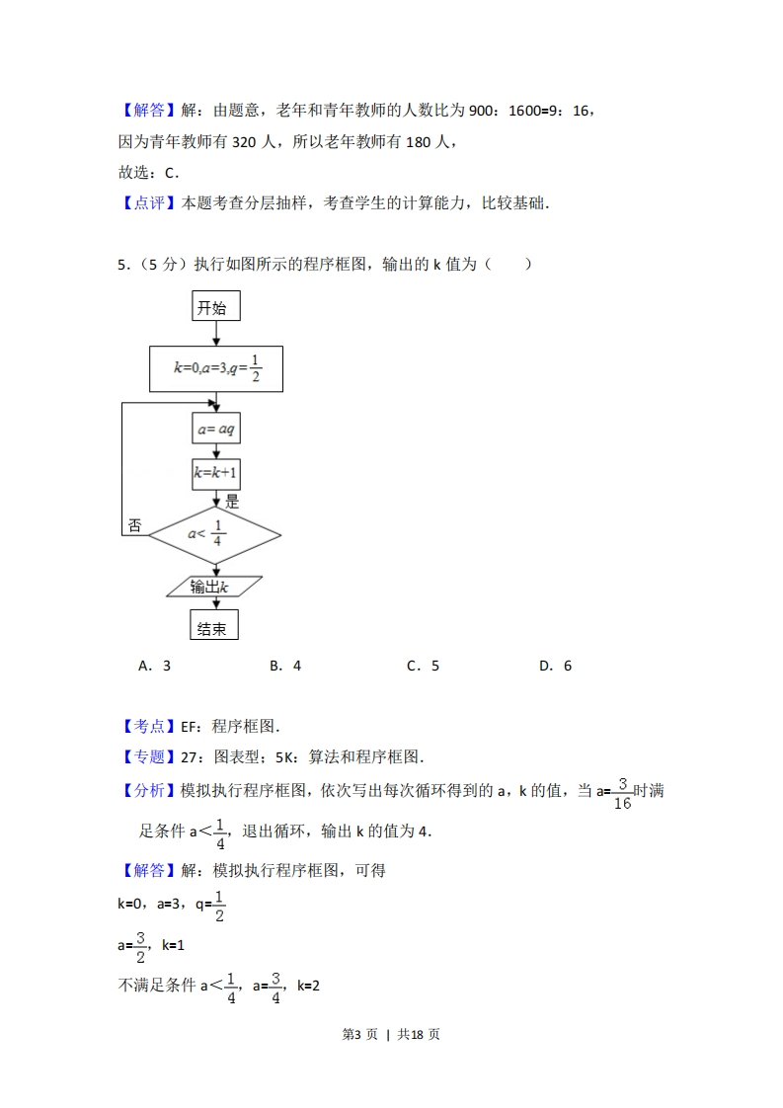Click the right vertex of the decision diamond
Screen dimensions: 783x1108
point(281,535)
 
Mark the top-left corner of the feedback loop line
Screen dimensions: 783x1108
point(122,404)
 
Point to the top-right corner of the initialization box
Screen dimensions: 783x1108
point(282,347)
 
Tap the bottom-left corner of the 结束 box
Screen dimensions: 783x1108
point(191,640)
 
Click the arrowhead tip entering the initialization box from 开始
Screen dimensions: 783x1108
point(216,346)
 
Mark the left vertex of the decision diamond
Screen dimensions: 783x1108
point(149,535)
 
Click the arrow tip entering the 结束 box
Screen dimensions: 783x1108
point(216,609)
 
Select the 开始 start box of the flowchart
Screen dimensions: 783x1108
point(216,306)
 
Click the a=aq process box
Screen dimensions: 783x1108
point(216,429)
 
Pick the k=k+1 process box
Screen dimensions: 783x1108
point(216,473)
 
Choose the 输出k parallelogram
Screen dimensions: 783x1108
point(214,587)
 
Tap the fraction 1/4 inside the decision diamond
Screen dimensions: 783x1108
point(217,533)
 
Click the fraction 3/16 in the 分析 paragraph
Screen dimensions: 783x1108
point(623,794)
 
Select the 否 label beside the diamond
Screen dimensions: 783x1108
point(134,525)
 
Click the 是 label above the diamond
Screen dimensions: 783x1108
point(232,502)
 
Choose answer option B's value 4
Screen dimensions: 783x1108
point(297,666)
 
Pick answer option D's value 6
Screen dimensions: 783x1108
point(568,666)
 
